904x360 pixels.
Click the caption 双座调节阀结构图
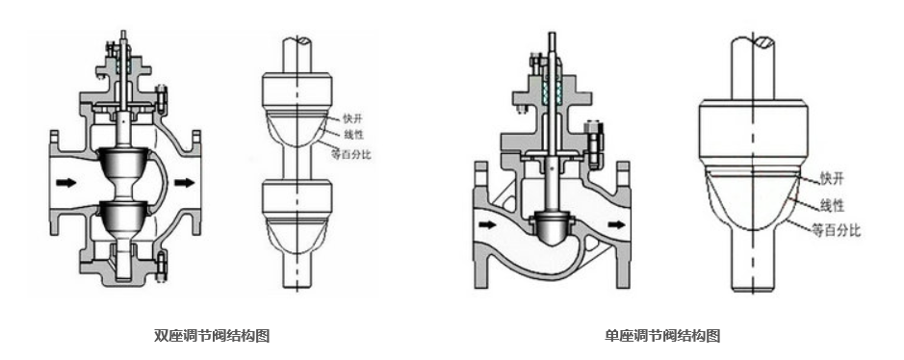(212, 335)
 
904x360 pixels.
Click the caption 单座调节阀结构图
(662, 335)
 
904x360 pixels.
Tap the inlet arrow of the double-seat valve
(66, 183)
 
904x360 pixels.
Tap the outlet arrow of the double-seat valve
(185, 183)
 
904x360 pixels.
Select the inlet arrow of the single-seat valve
(487, 224)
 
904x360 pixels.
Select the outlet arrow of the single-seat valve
(616, 224)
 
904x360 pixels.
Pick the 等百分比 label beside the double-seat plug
(351, 154)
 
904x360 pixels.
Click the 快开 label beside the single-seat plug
(832, 179)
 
